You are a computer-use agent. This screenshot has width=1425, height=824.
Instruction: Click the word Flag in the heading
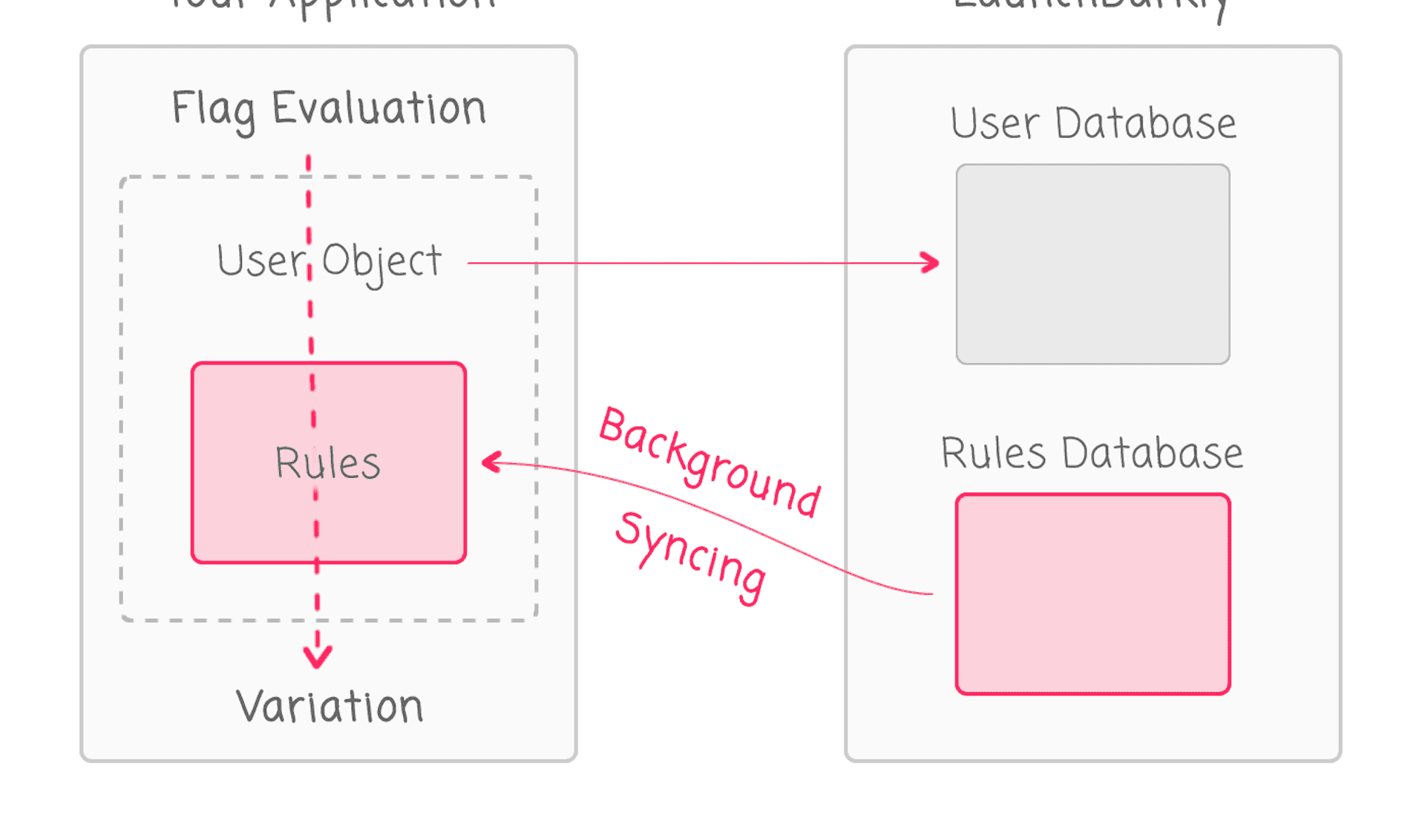pos(213,110)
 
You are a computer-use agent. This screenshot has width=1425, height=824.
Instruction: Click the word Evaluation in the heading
pos(379,108)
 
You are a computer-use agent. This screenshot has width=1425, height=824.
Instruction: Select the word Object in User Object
pos(381,262)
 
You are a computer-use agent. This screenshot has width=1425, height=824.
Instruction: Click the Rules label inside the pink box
pos(327,463)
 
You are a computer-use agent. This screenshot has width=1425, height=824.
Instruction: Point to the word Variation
pos(330,706)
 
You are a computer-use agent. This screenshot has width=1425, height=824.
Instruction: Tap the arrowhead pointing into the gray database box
pos(931,263)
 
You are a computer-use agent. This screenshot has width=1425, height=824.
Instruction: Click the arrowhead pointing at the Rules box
pos(491,462)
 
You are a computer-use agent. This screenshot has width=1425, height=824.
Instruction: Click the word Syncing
pos(690,557)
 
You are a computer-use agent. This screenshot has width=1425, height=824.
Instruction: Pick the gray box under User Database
pos(1092,264)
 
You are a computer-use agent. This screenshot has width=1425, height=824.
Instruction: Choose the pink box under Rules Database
pos(1092,594)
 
